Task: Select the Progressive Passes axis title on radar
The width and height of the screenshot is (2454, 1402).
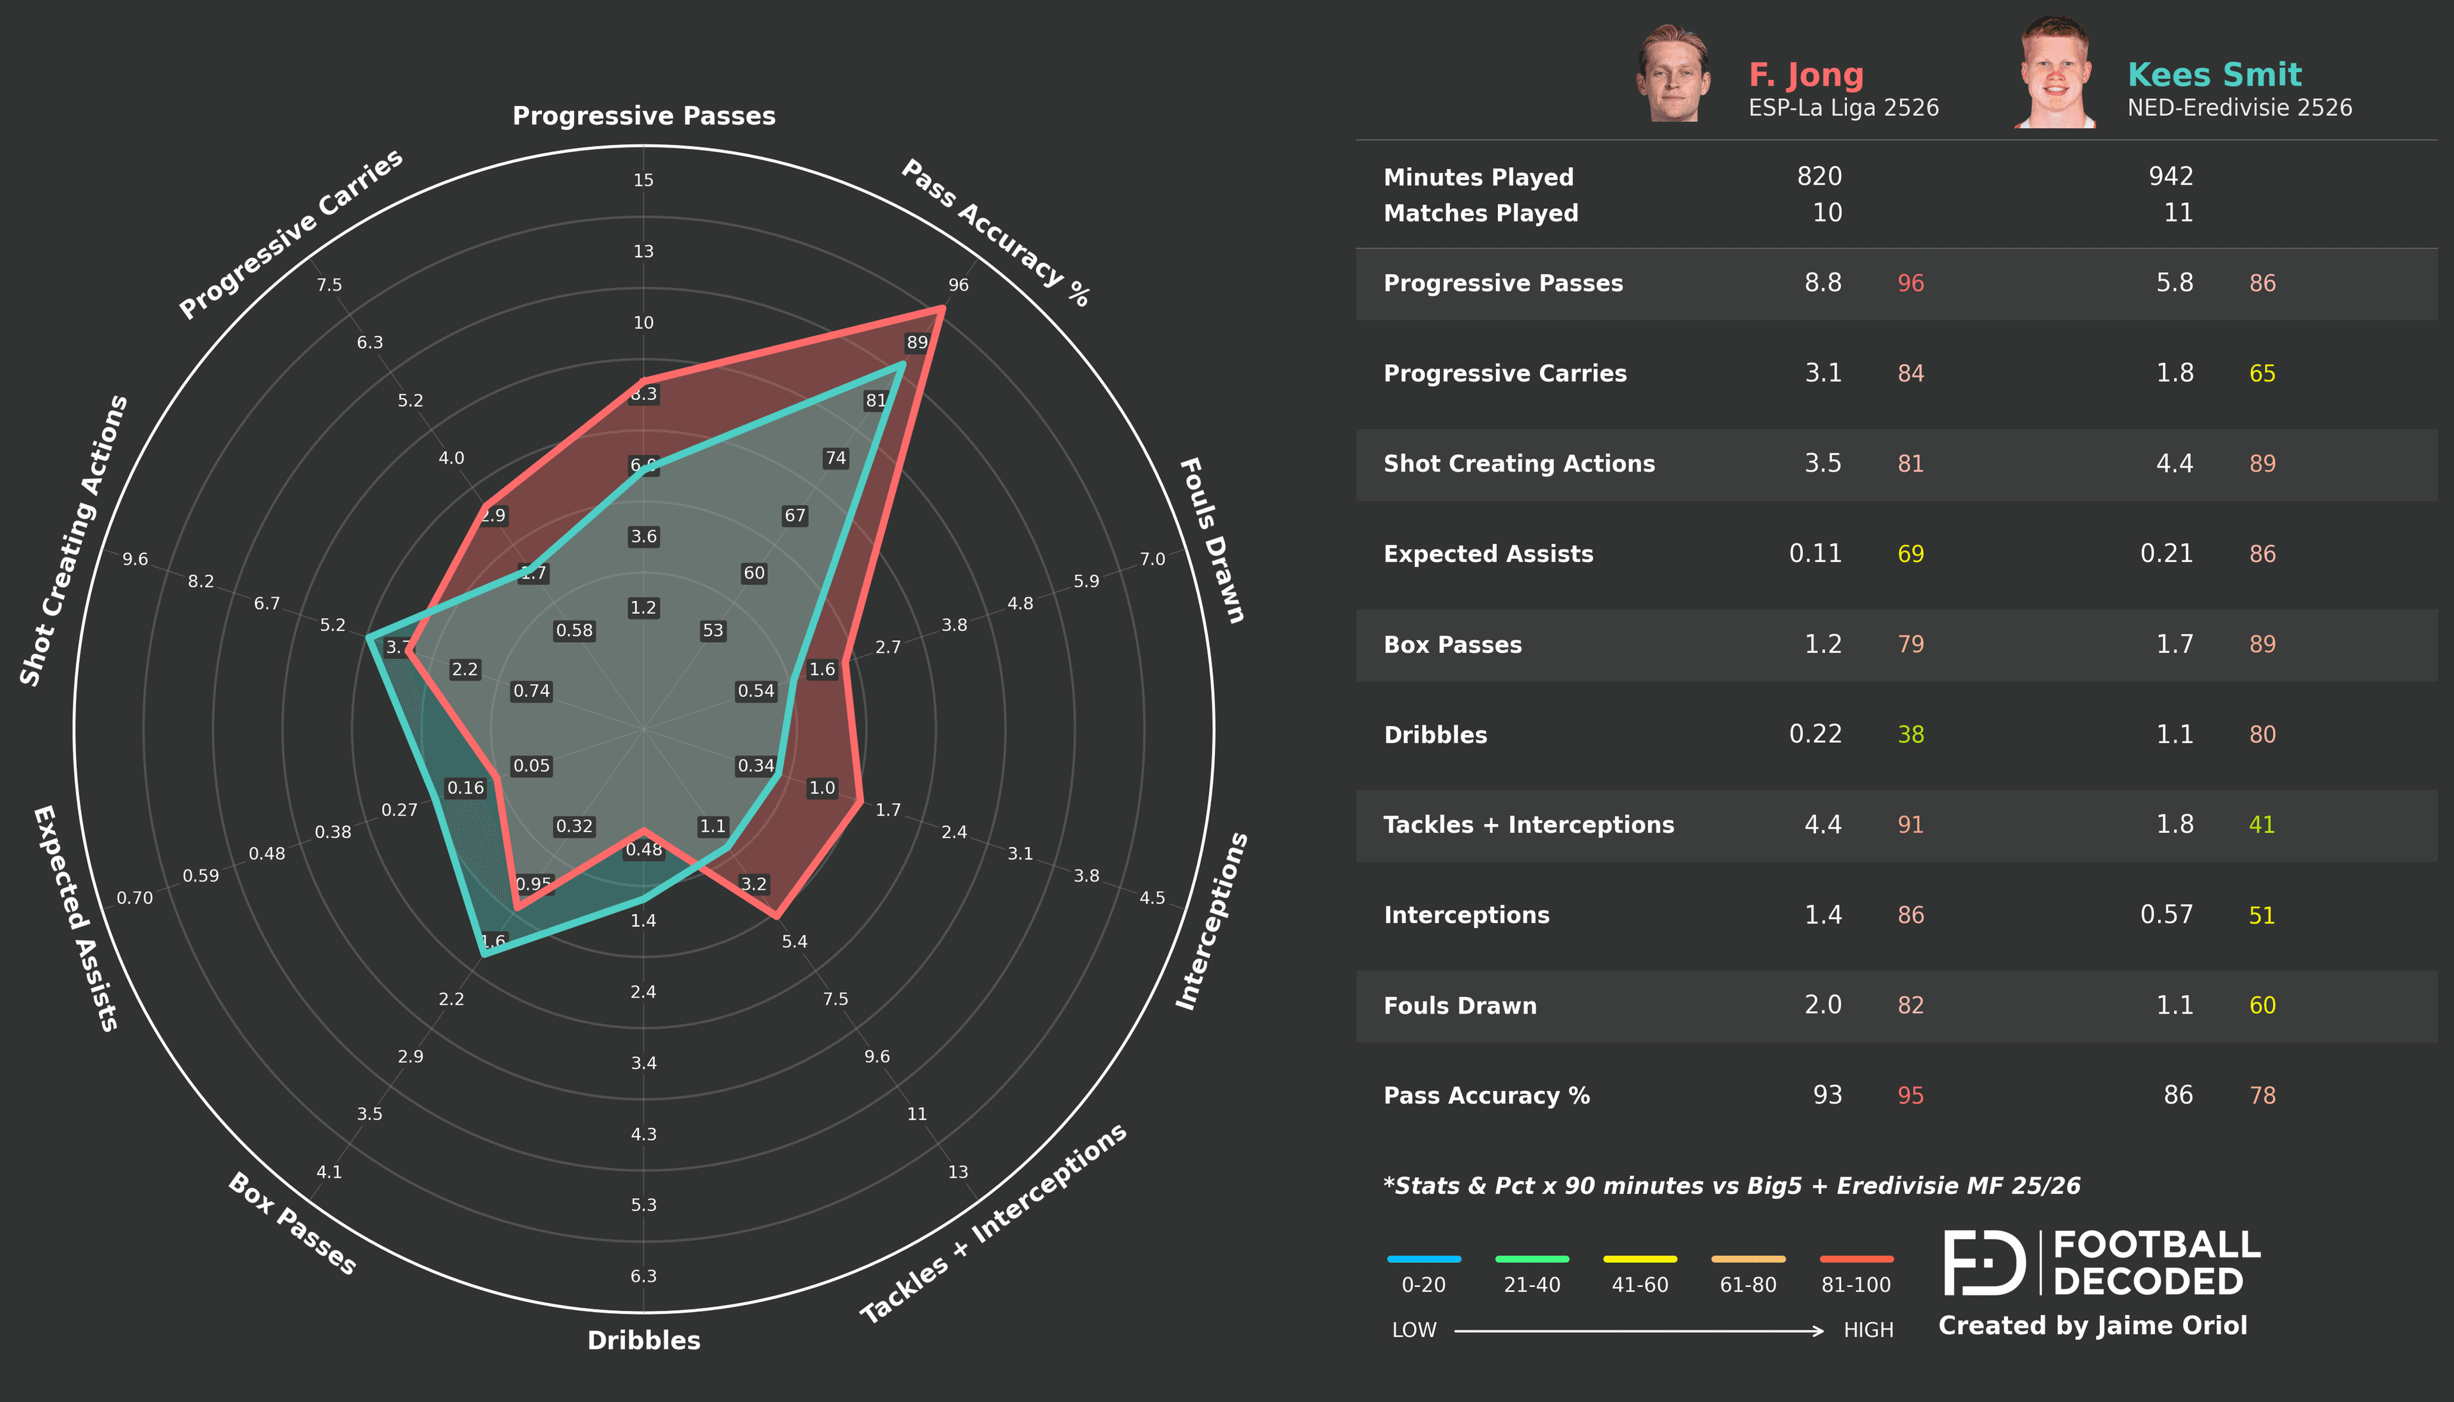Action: [644, 116]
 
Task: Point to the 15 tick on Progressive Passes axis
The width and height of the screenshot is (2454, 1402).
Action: [644, 180]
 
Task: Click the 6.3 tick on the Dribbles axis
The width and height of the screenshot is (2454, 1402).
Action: [644, 1276]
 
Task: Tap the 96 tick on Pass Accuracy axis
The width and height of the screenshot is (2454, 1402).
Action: [959, 285]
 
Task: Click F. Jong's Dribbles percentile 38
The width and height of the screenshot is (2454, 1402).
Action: [1910, 735]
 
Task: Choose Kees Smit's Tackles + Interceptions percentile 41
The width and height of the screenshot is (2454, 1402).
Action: [2262, 825]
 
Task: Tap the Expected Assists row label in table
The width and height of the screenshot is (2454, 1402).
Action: [1488, 554]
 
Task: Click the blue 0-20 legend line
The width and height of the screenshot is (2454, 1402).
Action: [1423, 1258]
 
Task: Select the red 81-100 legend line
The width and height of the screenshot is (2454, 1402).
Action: [1856, 1258]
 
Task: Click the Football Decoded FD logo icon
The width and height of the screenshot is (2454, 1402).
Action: [1984, 1262]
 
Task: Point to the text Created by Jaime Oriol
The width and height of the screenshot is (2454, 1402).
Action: [2092, 1326]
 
